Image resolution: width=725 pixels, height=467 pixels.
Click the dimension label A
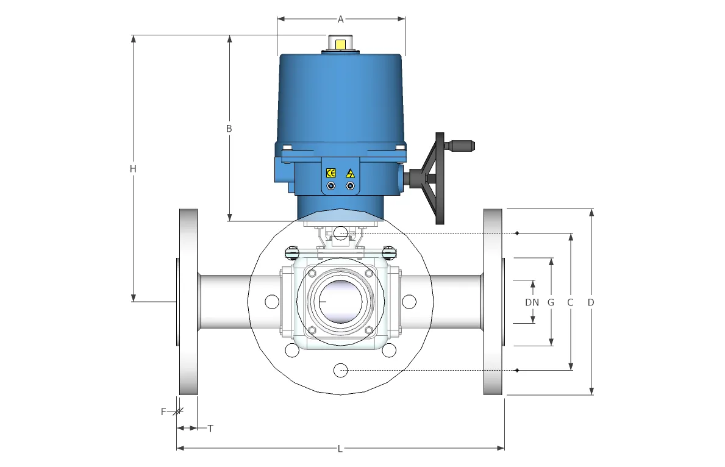pyautogui.click(x=340, y=20)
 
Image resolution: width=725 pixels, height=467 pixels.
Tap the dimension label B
pyautogui.click(x=229, y=129)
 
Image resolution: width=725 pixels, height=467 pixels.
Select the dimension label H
pyautogui.click(x=133, y=169)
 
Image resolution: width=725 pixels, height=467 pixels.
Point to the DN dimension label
pyautogui.click(x=532, y=302)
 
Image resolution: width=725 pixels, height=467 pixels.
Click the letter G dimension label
pyautogui.click(x=551, y=302)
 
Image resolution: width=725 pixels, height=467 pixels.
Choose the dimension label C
pyautogui.click(x=570, y=302)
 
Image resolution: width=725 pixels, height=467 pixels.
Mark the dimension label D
pyautogui.click(x=590, y=302)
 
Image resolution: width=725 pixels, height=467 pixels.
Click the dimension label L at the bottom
pyautogui.click(x=340, y=449)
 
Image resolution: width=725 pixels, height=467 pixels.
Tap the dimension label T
pyautogui.click(x=210, y=429)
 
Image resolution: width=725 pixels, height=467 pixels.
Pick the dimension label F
pyautogui.click(x=163, y=412)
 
